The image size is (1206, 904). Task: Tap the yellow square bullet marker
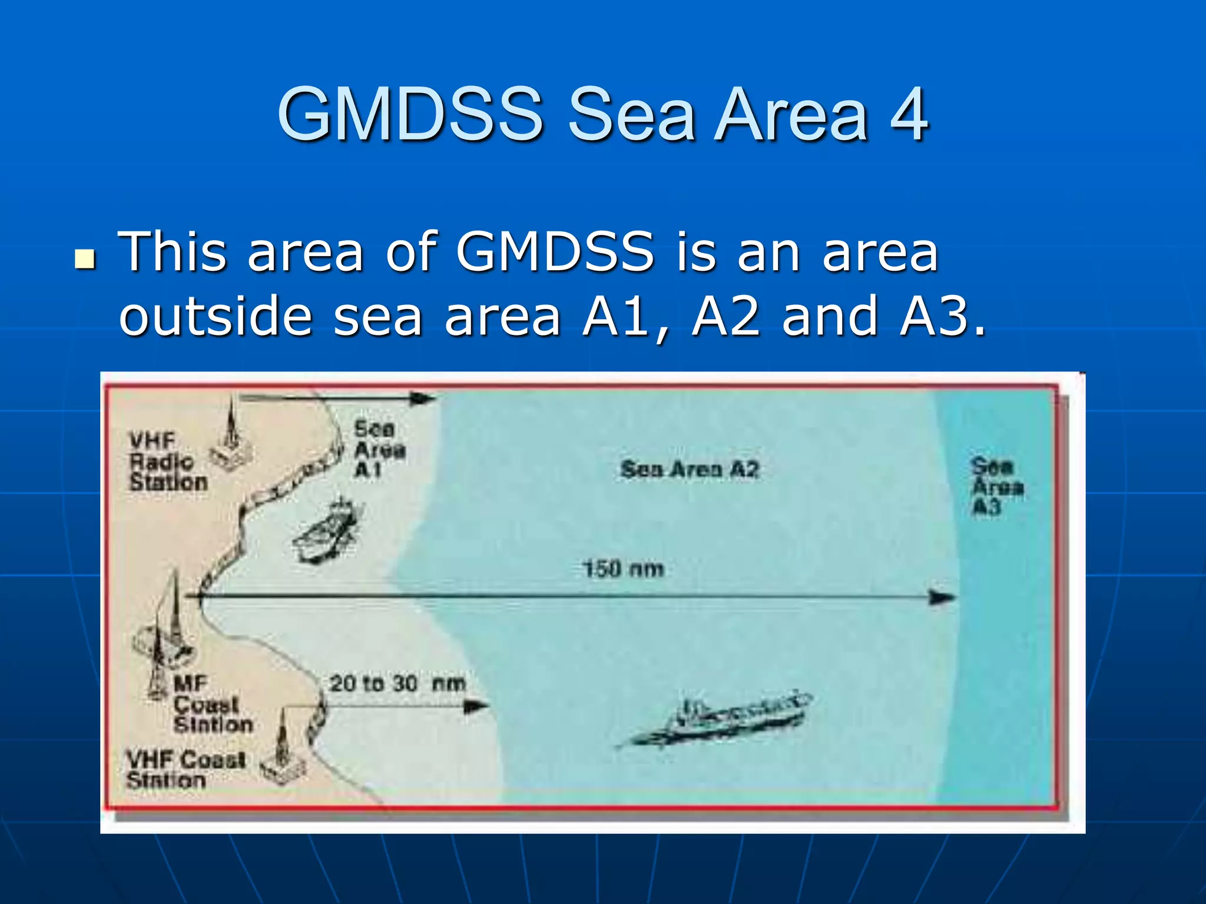85,258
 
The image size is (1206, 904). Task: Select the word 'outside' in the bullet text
216,317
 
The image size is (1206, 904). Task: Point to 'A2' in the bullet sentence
725,317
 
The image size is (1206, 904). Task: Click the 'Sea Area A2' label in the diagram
690,469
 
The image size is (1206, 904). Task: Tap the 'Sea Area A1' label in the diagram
379,450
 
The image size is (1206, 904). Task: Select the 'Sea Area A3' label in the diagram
997,486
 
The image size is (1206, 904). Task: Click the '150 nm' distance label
623,569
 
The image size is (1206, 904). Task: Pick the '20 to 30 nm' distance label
397,684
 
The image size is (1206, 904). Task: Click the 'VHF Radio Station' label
167,461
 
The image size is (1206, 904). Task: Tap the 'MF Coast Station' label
212,704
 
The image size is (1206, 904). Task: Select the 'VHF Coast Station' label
184,769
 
